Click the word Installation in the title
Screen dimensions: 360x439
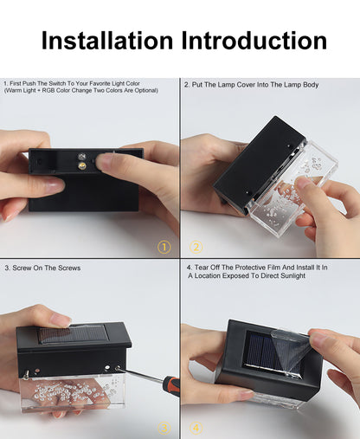click(107, 41)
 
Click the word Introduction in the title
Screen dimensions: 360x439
click(254, 41)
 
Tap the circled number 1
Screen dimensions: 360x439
click(164, 248)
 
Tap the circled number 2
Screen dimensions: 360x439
click(196, 248)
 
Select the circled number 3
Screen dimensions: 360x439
click(164, 428)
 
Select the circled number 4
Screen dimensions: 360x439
click(196, 428)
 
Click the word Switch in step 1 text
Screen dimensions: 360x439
click(57, 83)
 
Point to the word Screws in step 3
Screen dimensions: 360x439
click(69, 268)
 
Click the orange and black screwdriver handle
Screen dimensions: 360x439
click(171, 386)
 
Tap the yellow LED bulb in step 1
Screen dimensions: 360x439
click(82, 165)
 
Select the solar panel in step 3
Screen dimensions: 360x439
click(74, 335)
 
